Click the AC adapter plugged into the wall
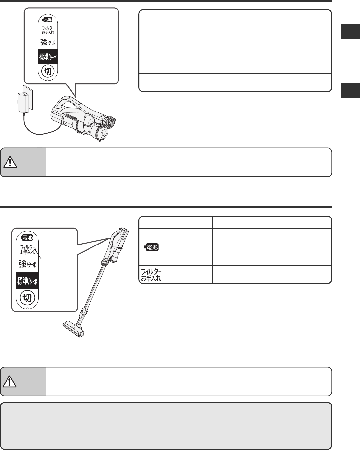23,103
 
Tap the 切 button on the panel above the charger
48,71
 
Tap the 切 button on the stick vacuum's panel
27,298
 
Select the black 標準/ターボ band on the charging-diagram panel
48,57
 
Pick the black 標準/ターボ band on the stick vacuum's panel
27,281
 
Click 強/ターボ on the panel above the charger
48,42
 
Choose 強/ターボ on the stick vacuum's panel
27,264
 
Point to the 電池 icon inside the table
151,247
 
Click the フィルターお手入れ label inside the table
151,274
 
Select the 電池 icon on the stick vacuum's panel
27,238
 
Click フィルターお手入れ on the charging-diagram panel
48,30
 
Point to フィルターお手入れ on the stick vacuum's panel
27,250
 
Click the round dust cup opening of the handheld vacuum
103,133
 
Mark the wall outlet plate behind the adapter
28,97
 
